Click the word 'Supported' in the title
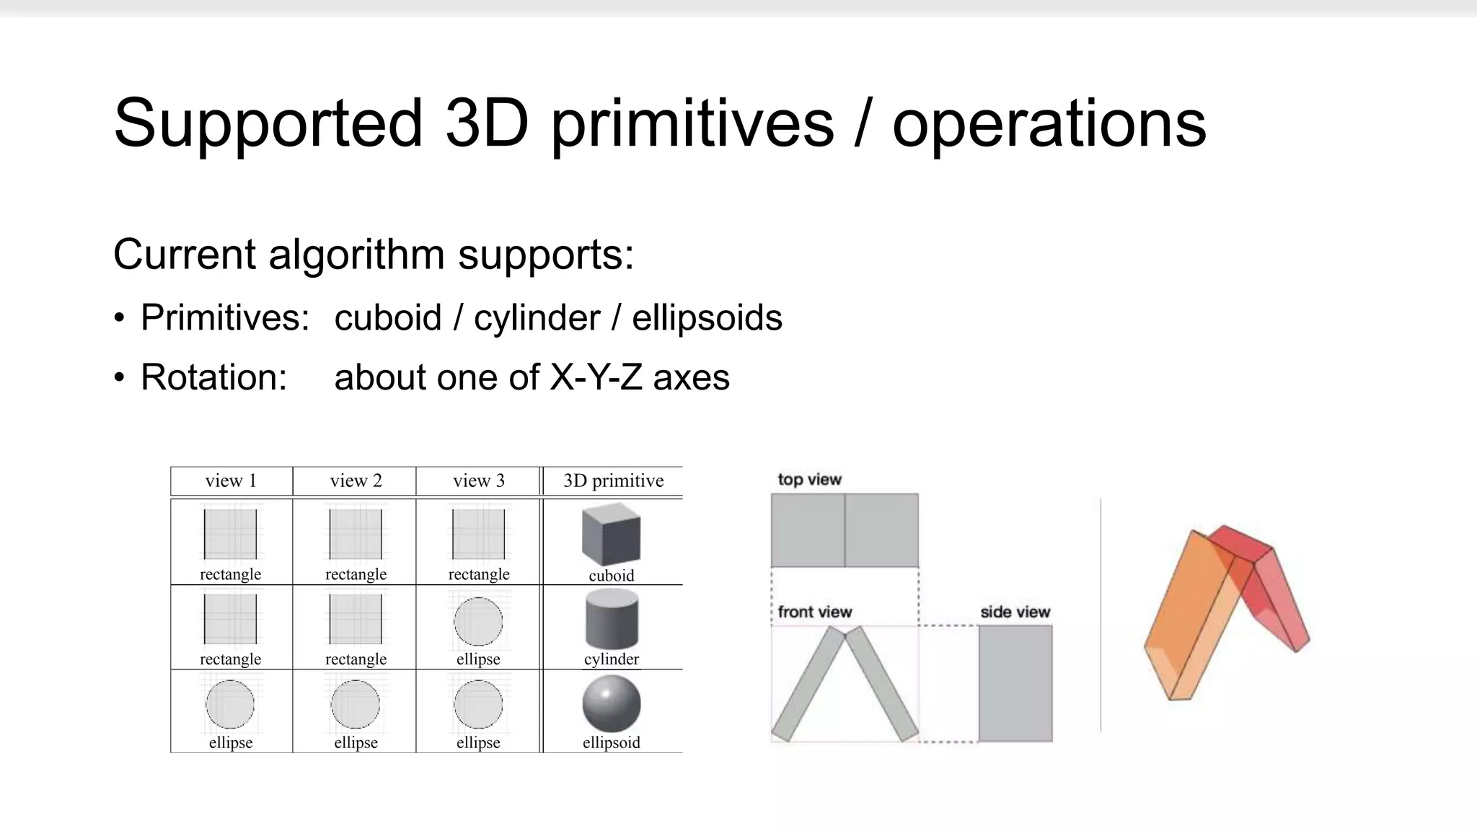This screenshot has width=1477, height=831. point(267,124)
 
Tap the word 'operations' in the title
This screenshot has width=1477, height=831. point(1049,124)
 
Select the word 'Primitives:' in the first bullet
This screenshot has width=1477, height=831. point(225,318)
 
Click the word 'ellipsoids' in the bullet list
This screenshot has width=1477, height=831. point(707,318)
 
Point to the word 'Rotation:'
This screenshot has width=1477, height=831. point(213,377)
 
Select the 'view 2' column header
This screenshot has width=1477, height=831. point(355,481)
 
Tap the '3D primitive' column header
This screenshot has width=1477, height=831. point(613,481)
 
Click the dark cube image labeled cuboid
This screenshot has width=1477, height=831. point(611,535)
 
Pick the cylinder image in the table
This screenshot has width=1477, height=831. point(611,619)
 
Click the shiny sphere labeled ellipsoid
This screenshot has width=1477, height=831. point(611,703)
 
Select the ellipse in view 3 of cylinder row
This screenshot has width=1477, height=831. point(478,621)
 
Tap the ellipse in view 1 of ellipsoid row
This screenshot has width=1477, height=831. point(230,704)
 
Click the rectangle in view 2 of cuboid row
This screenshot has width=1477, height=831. point(355,535)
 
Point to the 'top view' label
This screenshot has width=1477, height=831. point(809,480)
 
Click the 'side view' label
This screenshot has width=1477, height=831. point(1015,612)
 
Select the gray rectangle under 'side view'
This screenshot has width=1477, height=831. point(1015,683)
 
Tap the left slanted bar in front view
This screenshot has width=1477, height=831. point(808,684)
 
